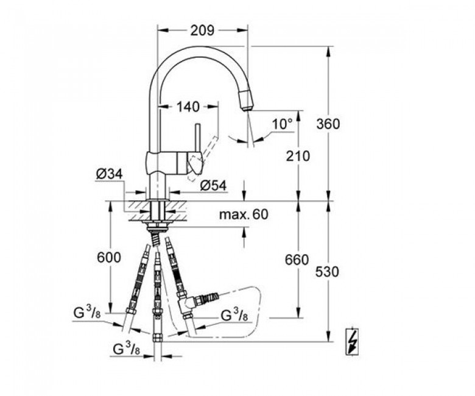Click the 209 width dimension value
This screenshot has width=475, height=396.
(202, 30)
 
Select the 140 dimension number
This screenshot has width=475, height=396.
(188, 107)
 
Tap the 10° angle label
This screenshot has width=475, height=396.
(283, 124)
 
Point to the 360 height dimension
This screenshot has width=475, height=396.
(328, 124)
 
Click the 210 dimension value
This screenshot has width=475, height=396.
(298, 156)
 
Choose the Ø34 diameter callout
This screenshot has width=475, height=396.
(110, 174)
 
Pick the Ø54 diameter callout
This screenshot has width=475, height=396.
(213, 186)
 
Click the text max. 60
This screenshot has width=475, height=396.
(244, 214)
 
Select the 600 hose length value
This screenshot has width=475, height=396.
(109, 258)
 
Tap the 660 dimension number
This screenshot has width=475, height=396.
(297, 260)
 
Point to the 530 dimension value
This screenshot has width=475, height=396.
(327, 272)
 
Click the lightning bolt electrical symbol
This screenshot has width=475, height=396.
(352, 341)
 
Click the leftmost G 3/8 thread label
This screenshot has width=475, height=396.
(87, 313)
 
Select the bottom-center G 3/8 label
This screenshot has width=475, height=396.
(126, 348)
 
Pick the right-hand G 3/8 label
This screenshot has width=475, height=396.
(234, 316)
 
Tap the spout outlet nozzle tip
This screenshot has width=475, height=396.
(247, 99)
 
